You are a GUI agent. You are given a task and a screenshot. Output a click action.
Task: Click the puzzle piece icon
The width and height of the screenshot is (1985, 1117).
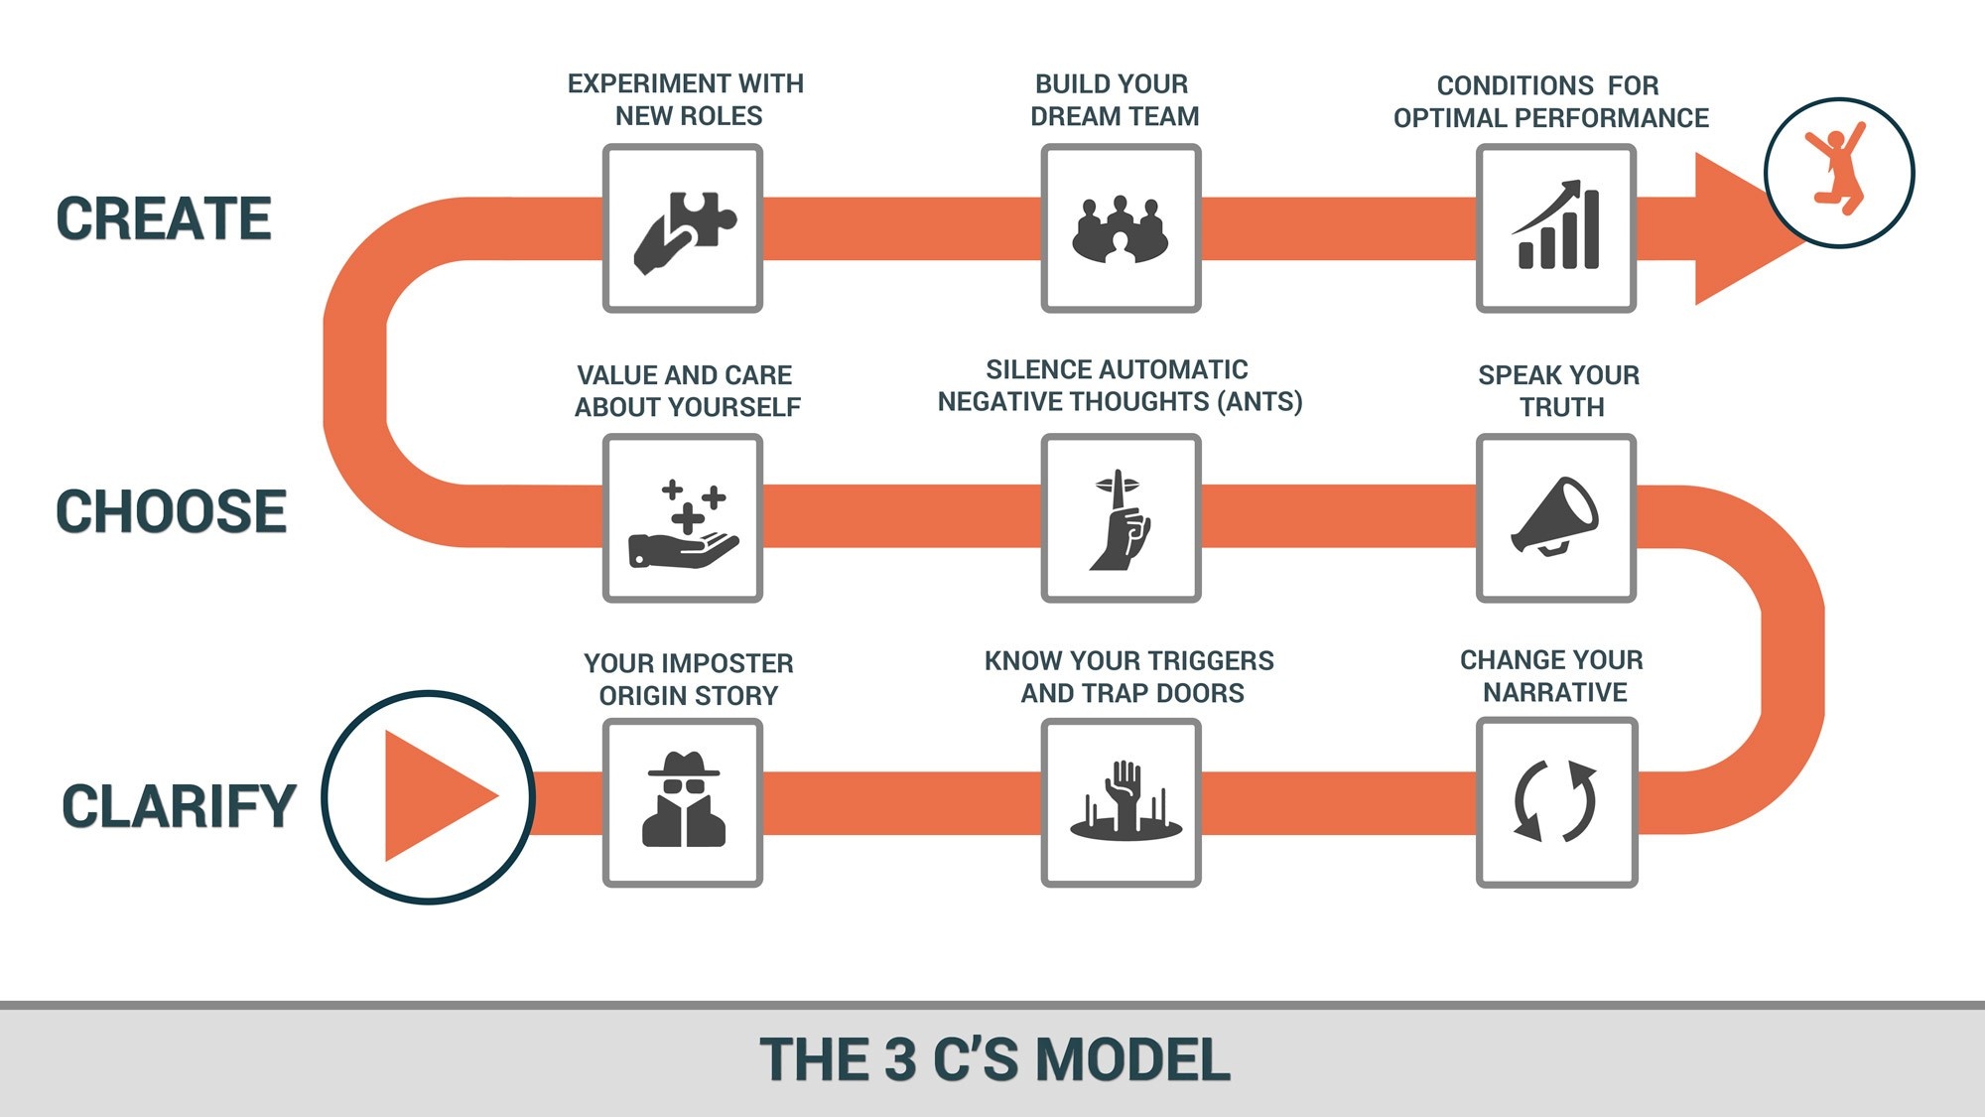[685, 231]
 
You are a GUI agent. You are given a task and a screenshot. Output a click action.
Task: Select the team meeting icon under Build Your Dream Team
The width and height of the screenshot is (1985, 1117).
[1121, 230]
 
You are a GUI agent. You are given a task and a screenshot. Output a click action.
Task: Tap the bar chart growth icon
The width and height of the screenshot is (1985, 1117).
[1556, 225]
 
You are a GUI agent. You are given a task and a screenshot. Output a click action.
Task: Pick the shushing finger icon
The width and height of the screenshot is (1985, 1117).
[1121, 519]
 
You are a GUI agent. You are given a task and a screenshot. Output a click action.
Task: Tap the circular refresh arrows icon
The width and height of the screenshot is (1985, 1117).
[1555, 801]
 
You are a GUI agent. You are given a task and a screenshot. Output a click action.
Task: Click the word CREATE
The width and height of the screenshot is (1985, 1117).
[164, 218]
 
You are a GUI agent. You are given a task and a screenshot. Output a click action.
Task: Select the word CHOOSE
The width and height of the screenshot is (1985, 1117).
[171, 511]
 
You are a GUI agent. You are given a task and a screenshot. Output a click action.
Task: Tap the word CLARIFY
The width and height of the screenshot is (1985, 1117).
[179, 805]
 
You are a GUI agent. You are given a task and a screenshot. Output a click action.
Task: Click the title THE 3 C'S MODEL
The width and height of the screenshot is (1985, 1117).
[994, 1058]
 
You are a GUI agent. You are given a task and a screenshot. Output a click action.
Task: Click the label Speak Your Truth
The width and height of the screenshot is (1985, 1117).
[1559, 391]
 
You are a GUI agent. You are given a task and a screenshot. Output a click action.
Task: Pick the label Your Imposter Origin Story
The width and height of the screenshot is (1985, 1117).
[689, 679]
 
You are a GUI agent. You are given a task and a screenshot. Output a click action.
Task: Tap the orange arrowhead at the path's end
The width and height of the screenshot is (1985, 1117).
[1742, 228]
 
